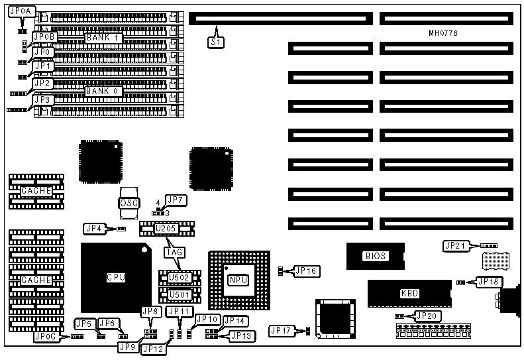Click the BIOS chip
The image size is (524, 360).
tap(375, 256)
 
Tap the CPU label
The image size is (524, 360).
tap(115, 277)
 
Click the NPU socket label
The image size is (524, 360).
tap(238, 279)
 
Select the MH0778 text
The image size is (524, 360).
tap(443, 33)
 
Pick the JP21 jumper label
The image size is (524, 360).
tap(456, 246)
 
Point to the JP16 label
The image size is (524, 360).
tap(307, 270)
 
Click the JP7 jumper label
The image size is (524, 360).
tap(176, 200)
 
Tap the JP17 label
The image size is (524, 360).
tap(281, 330)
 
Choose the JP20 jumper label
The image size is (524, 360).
tap(427, 316)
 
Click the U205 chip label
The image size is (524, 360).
tap(166, 229)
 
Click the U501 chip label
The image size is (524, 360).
tap(178, 294)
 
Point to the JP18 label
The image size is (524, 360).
tap(488, 281)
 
